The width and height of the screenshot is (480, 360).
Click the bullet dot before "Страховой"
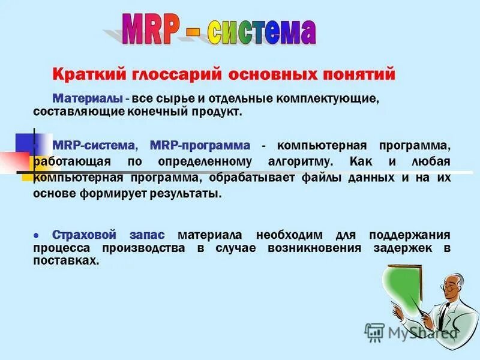[37, 235]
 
